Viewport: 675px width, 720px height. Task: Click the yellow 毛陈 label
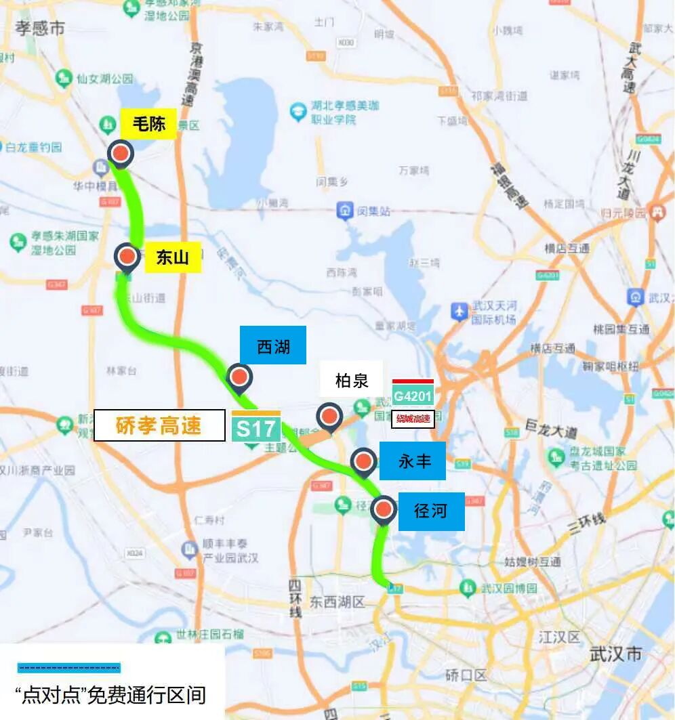(148, 125)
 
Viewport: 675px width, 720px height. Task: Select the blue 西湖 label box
(272, 345)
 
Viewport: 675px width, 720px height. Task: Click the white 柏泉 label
(352, 380)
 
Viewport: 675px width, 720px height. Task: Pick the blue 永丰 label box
(414, 461)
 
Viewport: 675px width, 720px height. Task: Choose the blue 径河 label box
(430, 511)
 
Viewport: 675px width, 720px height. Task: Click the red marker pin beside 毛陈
(121, 154)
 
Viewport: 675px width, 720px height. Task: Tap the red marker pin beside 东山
(127, 257)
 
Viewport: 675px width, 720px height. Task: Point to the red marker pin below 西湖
(239, 377)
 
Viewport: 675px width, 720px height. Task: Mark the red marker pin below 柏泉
(330, 416)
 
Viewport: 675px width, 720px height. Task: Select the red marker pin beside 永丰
(363, 462)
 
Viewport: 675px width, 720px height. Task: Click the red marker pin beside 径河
(384, 509)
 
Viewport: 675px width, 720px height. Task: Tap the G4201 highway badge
(413, 395)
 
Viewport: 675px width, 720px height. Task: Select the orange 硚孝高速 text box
(159, 425)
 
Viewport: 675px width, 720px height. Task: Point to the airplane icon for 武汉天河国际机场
(459, 312)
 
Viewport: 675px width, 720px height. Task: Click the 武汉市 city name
(615, 654)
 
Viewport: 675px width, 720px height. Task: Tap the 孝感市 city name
(40, 28)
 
